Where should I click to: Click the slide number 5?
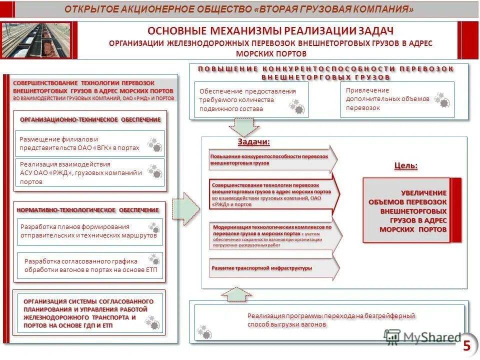click(466, 345)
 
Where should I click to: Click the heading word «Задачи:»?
click(253, 142)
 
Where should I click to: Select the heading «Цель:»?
click(406, 165)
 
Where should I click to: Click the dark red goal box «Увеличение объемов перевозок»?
click(412, 210)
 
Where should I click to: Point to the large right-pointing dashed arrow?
click(186, 207)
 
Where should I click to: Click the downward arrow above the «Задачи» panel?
click(245, 128)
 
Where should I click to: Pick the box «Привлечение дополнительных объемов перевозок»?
click(397, 99)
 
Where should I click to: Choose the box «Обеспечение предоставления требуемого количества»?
click(250, 99)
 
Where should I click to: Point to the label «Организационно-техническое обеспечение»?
click(90, 120)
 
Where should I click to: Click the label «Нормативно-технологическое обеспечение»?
click(88, 210)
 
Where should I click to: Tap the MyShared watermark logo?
click(422, 337)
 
